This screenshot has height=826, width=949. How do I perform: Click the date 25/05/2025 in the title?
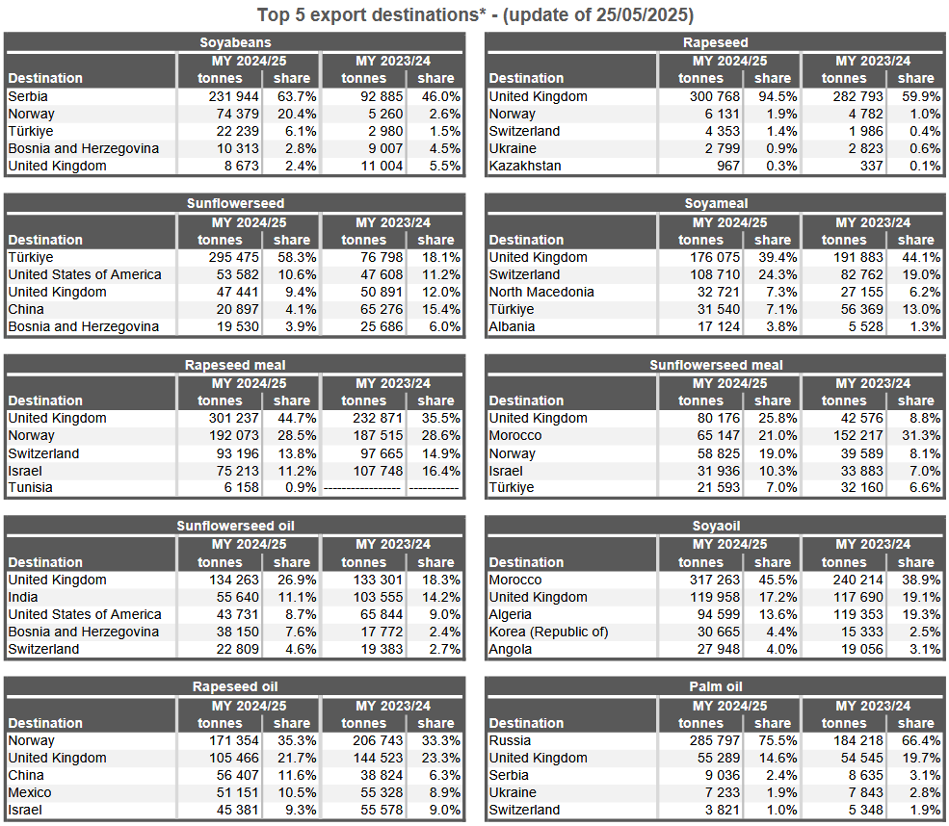point(644,14)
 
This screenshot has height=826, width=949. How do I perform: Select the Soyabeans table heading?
point(235,42)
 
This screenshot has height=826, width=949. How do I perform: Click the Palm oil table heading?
point(716,686)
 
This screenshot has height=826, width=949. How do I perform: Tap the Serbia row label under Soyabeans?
point(28,96)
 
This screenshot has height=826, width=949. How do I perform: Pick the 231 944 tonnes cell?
point(233,96)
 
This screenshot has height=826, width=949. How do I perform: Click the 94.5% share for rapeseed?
point(778,96)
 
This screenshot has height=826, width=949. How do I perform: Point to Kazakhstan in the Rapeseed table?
point(525,166)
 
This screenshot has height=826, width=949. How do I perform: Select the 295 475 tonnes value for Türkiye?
point(233,257)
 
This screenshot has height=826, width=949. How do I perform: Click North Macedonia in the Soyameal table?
point(541,292)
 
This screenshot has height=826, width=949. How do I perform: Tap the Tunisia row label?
point(30,487)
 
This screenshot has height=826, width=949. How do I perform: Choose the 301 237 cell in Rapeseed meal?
point(233,418)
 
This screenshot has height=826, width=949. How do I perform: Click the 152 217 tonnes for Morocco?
point(857,435)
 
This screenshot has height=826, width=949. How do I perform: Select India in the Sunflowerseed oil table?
point(23,597)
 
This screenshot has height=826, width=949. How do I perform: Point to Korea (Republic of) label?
point(548,632)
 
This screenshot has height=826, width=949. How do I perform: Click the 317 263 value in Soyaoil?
point(714,580)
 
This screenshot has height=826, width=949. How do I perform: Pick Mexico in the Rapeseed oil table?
point(30,792)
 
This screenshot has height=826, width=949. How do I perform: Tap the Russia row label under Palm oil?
point(510,740)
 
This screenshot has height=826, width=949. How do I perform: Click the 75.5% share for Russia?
point(778,740)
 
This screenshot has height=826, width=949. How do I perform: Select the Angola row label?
point(511,650)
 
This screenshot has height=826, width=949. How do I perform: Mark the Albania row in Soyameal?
point(512,326)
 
